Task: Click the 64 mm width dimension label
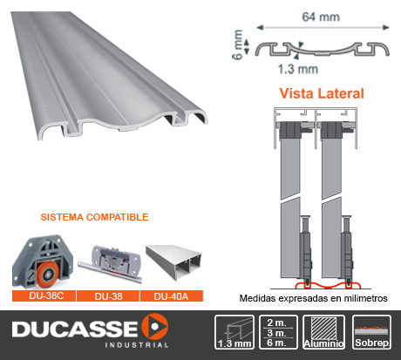[x=321, y=17]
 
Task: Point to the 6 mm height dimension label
[x=238, y=44]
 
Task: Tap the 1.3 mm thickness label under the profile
[x=298, y=70]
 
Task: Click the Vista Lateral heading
[x=322, y=93]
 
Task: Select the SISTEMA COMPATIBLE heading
[x=94, y=217]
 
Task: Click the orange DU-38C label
[x=44, y=295]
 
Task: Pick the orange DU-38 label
[x=108, y=296]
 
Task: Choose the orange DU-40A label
[x=172, y=296]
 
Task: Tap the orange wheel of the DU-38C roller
[x=48, y=274]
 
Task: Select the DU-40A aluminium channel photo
[x=173, y=262]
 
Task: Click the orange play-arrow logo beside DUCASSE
[x=155, y=327]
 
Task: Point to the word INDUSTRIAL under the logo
[x=137, y=345]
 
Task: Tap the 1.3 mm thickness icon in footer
[x=234, y=332]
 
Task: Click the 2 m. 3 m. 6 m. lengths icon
[x=278, y=332]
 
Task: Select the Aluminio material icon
[x=323, y=332]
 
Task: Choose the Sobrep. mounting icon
[x=372, y=332]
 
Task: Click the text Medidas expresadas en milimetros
[x=313, y=298]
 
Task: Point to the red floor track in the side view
[x=328, y=286]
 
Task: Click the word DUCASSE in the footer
[x=75, y=329]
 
